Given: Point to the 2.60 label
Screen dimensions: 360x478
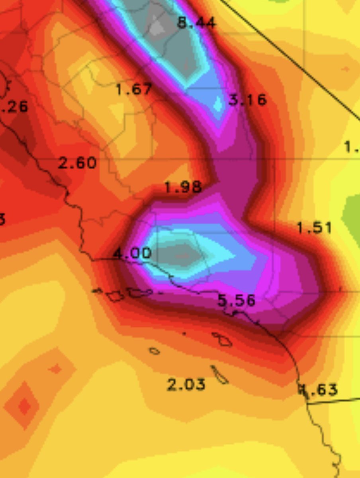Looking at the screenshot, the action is tap(77, 163).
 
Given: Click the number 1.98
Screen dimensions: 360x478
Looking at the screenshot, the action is tap(183, 187).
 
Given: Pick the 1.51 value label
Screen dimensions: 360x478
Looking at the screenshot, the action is tap(314, 228).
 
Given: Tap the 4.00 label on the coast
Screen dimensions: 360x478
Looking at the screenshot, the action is tap(133, 253).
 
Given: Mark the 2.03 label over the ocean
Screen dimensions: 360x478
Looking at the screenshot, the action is tap(186, 384).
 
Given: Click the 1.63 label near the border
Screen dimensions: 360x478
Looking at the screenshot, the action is tap(319, 389).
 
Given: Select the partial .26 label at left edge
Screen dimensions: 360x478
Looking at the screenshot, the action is tap(14, 106).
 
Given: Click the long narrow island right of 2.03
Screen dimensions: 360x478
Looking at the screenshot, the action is tap(219, 375).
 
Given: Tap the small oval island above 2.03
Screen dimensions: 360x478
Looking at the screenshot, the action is tap(155, 351).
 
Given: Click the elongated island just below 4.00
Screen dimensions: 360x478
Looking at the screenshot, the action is tap(140, 292).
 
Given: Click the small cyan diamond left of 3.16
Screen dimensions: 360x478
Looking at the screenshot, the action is tap(218, 104).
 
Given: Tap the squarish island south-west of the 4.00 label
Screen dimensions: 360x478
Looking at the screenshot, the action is tap(115, 296).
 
